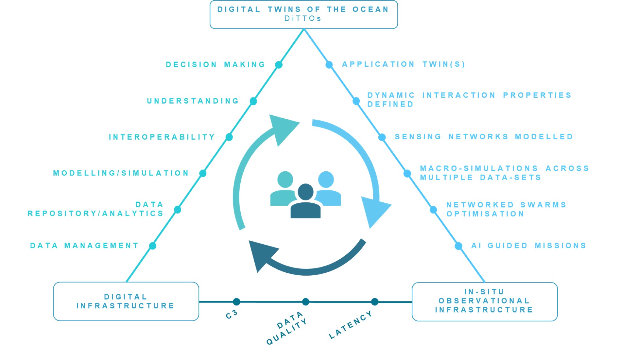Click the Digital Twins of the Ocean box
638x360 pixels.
click(x=303, y=14)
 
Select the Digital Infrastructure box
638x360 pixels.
click(x=126, y=301)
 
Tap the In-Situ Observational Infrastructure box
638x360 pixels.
click(x=484, y=301)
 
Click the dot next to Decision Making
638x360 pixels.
click(x=279, y=65)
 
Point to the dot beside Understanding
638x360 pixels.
click(x=253, y=101)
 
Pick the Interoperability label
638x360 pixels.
click(x=162, y=137)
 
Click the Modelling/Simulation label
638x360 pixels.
click(x=121, y=173)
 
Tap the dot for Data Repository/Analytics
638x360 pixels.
click(x=178, y=210)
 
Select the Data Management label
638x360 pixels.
click(x=84, y=246)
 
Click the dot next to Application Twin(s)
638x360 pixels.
click(x=329, y=65)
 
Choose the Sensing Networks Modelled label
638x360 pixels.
click(x=484, y=137)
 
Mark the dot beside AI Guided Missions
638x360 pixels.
click(x=458, y=246)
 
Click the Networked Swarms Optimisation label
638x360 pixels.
click(x=506, y=209)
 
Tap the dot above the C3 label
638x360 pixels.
click(x=236, y=301)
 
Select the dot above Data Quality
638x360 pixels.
click(x=305, y=301)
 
